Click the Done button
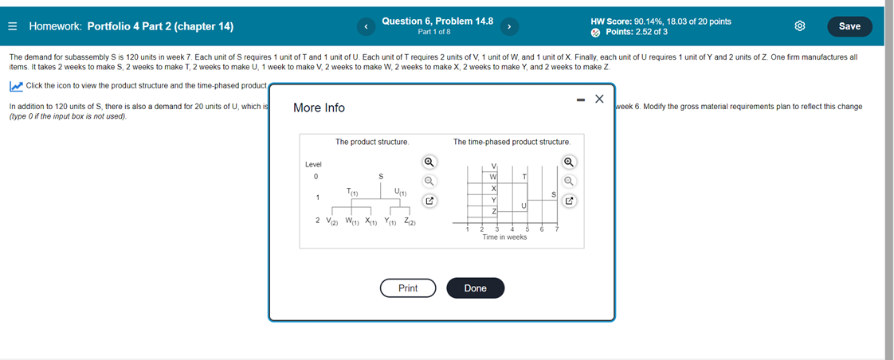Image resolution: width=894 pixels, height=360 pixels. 475,288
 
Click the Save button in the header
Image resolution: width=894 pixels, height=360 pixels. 849,26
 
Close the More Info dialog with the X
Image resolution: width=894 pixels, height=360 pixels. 600,99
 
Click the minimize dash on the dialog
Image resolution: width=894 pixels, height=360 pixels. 580,100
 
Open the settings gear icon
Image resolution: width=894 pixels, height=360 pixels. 801,26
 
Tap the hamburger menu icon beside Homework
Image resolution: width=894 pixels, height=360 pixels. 13,26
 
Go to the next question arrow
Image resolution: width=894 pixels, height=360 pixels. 508,26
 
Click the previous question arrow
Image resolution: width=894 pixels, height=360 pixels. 367,26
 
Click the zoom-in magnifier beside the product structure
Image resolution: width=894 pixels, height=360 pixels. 429,162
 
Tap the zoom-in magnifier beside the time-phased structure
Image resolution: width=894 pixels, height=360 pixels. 569,162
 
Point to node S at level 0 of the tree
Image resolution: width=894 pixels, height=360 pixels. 380,176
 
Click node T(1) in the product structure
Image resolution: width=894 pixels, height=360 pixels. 351,192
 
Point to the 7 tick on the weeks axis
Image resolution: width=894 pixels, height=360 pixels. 557,229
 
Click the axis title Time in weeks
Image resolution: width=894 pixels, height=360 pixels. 504,237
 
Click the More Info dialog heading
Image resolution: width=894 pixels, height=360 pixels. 319,108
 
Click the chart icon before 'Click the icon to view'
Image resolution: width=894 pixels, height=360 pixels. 16,86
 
